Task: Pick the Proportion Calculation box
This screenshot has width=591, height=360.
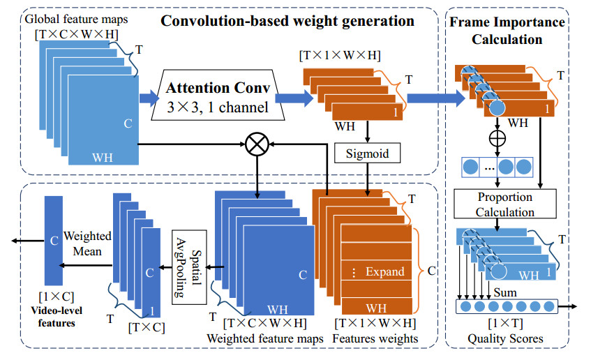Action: (x=496, y=204)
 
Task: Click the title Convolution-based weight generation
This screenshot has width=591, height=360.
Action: (x=287, y=21)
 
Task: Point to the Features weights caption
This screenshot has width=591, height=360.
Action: (x=375, y=338)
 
